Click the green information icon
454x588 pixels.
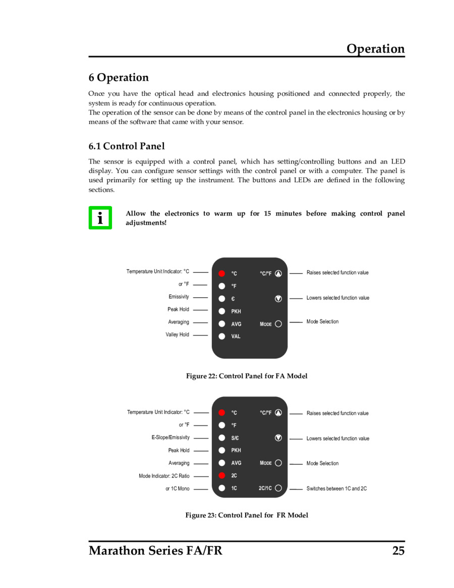(x=100, y=218)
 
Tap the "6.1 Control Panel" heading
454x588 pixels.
(x=127, y=146)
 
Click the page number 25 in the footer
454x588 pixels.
(x=398, y=551)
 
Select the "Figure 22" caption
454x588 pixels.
(x=247, y=376)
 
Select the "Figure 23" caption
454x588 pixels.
(x=247, y=515)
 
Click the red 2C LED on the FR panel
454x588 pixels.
(x=222, y=475)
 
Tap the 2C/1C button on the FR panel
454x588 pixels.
(x=278, y=488)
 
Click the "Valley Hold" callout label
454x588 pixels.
(x=177, y=335)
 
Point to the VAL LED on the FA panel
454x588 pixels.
(x=222, y=336)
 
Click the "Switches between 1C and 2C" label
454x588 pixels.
(x=336, y=489)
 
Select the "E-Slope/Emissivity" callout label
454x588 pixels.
(x=171, y=438)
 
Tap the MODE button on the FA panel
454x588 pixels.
(x=278, y=324)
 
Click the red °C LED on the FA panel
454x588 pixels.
(x=222, y=274)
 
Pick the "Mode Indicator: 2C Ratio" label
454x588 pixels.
(x=164, y=476)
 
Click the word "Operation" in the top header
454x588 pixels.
(x=375, y=49)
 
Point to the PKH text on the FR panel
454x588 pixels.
(x=236, y=450)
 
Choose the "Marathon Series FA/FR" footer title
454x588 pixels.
(x=155, y=551)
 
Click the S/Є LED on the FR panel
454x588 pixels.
(x=222, y=438)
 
